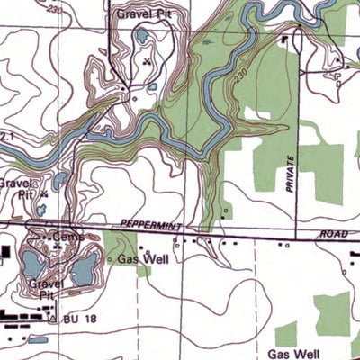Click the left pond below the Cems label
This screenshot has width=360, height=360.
point(32,264)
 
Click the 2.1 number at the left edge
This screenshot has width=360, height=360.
point(8,136)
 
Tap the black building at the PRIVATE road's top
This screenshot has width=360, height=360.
point(289,40)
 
